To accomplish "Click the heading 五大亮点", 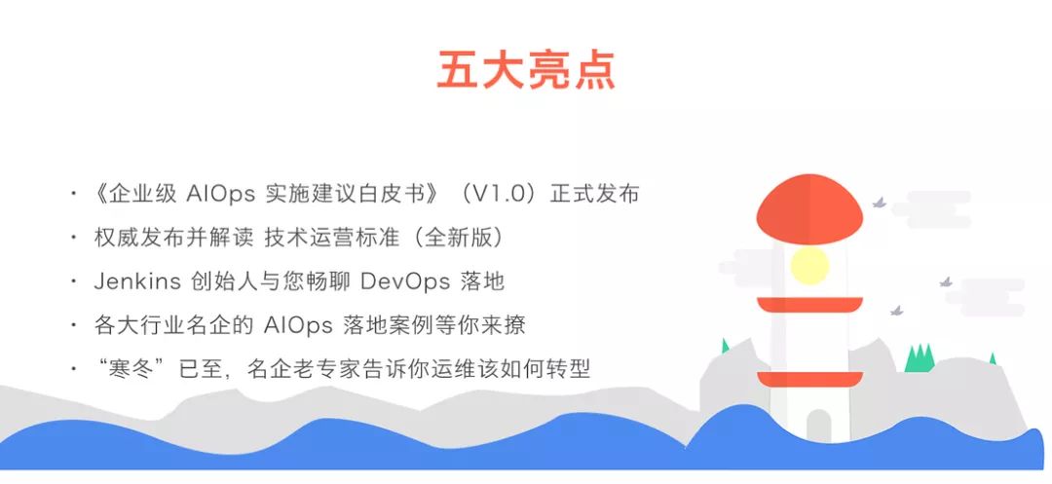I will click(x=525, y=71).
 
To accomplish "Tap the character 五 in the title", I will click(x=459, y=71).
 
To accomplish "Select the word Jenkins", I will click(x=137, y=282).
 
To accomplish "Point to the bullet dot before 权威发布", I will click(x=74, y=239).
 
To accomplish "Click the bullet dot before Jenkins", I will click(x=74, y=282).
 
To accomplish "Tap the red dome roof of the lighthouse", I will click(x=809, y=209).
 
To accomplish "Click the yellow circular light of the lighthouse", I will click(x=809, y=265).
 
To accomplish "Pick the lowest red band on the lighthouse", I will click(x=809, y=379).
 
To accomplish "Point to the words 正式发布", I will click(x=594, y=194).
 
